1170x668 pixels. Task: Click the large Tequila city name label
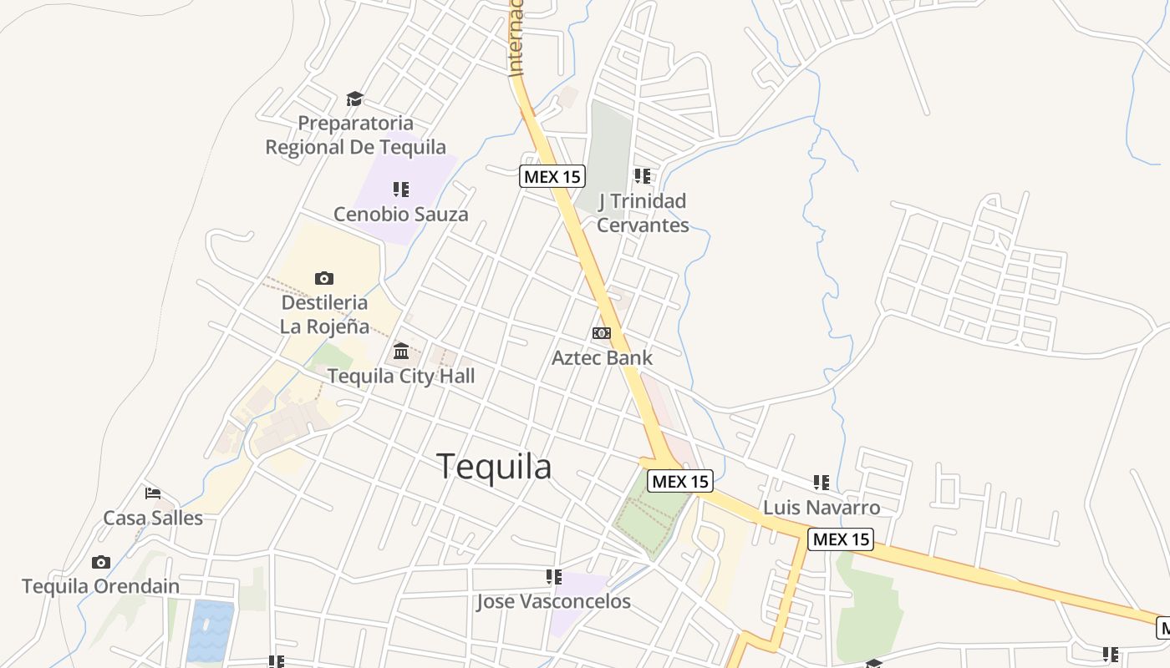click(x=494, y=467)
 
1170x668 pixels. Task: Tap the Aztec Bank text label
click(x=602, y=357)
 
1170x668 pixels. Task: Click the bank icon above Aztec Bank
click(x=601, y=333)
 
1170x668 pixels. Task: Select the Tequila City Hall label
click(x=401, y=376)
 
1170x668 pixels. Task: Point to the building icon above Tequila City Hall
click(x=401, y=351)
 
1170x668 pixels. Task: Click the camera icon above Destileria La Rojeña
click(x=324, y=278)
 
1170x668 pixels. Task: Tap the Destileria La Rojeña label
click(x=324, y=314)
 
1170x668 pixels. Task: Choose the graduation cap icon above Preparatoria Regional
click(x=355, y=99)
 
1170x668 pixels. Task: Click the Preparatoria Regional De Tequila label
click(x=356, y=135)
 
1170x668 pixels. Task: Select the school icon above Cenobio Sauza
click(x=401, y=190)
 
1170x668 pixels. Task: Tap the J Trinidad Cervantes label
click(x=642, y=213)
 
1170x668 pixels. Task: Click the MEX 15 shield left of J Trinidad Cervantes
click(x=552, y=176)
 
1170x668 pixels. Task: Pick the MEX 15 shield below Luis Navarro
click(x=841, y=539)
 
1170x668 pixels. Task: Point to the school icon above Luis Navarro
click(x=822, y=483)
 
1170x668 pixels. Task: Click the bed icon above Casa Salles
click(x=153, y=493)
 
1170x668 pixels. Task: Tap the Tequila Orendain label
click(x=100, y=586)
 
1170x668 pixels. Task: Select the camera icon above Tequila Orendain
click(x=101, y=562)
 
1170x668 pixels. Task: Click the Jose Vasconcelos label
click(x=553, y=601)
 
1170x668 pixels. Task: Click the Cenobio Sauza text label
click(x=401, y=215)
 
